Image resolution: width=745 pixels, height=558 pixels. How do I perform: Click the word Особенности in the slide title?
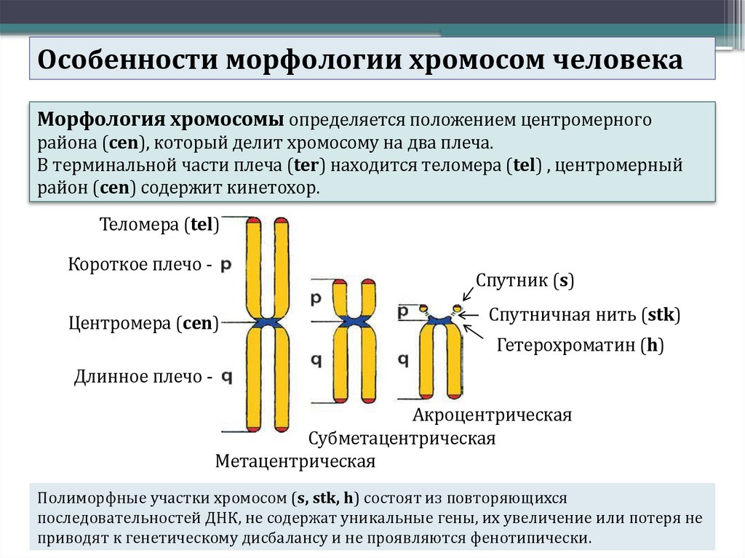[x=127, y=59]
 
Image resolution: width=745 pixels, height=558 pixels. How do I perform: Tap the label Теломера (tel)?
[x=159, y=226]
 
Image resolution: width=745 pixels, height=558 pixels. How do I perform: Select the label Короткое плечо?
[x=135, y=265]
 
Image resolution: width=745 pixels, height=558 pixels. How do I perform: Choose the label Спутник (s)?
[x=525, y=281]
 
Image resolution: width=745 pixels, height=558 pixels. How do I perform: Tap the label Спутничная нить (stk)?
[x=583, y=315]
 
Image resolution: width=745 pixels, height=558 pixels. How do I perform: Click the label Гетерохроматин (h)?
[x=581, y=346]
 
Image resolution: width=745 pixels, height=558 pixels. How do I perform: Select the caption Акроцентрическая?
[x=492, y=415]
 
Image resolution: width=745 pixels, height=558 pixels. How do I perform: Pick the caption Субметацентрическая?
[x=402, y=439]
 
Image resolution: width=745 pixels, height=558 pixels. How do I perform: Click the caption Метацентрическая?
[x=295, y=461]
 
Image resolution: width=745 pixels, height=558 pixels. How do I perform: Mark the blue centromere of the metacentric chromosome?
[x=268, y=322]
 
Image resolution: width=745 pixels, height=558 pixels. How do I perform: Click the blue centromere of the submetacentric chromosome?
[x=354, y=321]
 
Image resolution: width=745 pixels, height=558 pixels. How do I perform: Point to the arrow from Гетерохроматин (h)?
[x=474, y=333]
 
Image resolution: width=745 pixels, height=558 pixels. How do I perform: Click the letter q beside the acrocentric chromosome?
[x=403, y=359]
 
